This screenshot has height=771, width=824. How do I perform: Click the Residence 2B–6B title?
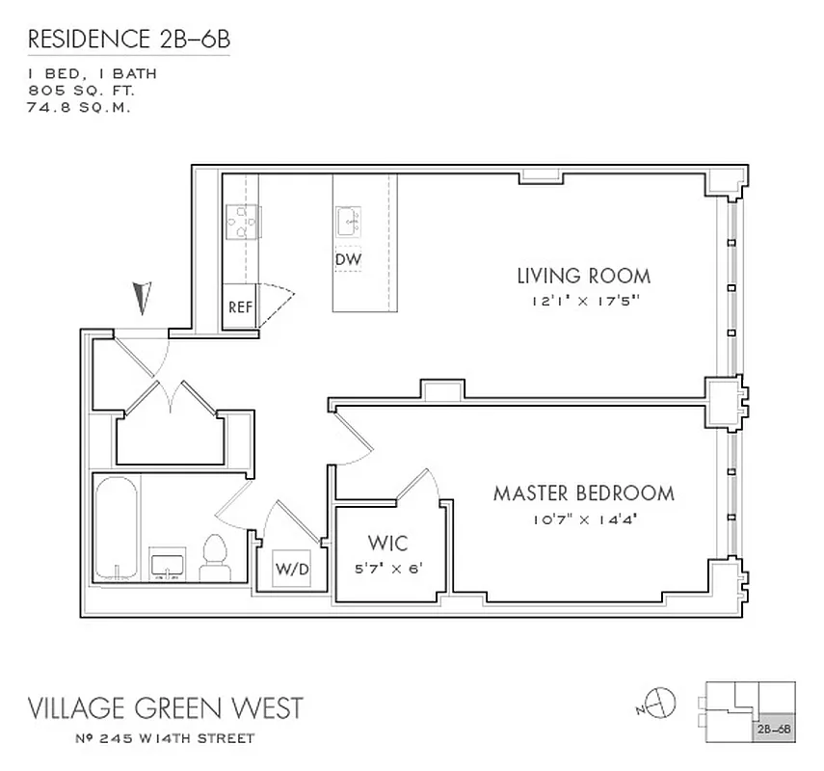(129, 40)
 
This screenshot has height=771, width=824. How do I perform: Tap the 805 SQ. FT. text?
(81, 90)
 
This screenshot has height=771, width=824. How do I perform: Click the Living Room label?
(583, 276)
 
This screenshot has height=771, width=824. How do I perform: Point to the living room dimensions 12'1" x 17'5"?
(583, 301)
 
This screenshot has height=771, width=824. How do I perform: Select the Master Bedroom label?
(583, 493)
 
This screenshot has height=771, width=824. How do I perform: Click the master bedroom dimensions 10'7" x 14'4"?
(583, 518)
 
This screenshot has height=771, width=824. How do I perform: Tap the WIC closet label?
(389, 543)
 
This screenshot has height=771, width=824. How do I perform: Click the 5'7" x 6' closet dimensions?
(389, 568)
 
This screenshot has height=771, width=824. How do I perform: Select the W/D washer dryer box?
(293, 569)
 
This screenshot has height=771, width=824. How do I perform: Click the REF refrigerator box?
(240, 308)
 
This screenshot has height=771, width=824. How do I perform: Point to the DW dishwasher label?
(348, 260)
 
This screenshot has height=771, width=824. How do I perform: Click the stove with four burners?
(240, 223)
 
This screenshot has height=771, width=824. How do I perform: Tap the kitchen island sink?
(349, 224)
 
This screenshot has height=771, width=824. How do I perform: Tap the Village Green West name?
(164, 708)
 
